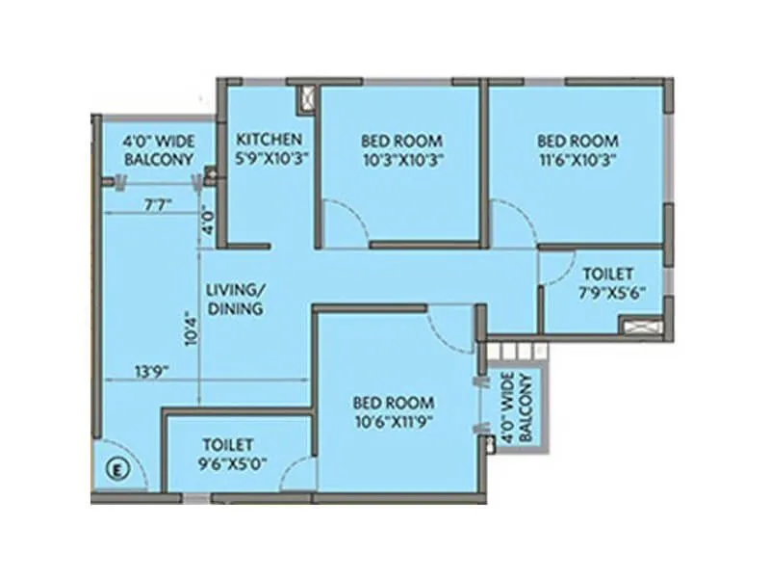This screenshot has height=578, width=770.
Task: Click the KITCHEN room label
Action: point(269,139)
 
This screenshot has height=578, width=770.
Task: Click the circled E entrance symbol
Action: point(115,471)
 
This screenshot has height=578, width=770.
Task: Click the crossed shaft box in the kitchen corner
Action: point(307,96)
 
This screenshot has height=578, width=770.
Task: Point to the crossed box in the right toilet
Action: point(640,326)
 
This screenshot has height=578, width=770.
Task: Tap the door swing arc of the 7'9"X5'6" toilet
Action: point(552,274)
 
